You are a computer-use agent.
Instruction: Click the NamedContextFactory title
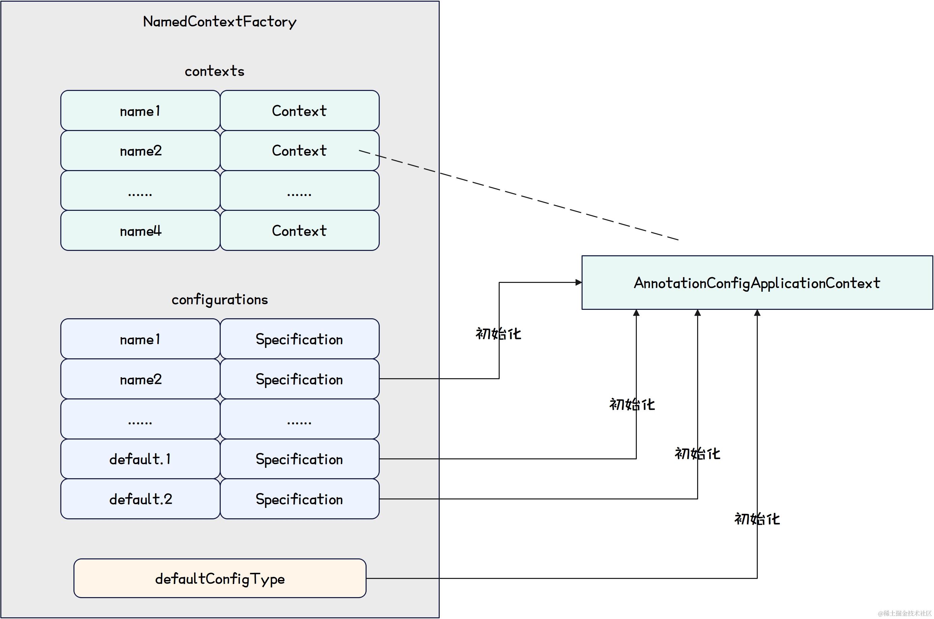point(220,22)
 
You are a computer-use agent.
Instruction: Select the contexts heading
point(214,71)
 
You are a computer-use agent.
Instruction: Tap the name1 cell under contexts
point(140,111)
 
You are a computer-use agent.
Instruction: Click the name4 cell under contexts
point(140,231)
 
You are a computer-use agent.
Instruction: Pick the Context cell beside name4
point(299,231)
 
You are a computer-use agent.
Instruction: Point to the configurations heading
point(220,300)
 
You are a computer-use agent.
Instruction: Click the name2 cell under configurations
point(140,379)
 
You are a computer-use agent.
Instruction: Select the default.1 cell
point(140,459)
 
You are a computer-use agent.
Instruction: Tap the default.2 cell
point(140,499)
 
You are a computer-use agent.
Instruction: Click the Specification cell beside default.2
point(299,499)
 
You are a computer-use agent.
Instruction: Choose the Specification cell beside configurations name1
point(299,339)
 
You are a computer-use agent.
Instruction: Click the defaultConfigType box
point(220,579)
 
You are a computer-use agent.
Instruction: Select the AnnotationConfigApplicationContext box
point(757,283)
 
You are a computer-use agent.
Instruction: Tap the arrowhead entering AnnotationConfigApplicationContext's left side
point(579,282)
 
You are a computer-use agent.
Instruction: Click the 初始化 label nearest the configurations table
point(498,334)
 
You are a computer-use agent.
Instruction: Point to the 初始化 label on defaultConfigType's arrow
point(757,519)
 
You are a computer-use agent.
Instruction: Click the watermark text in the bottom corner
point(904,613)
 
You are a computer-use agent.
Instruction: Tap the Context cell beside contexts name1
point(299,111)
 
